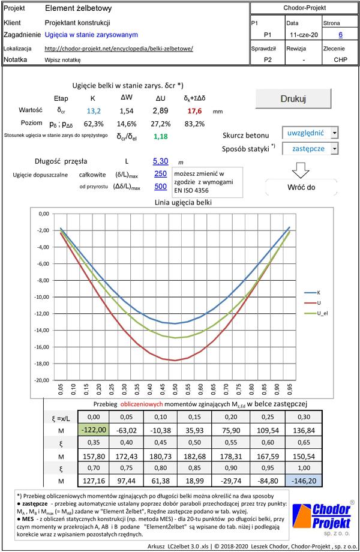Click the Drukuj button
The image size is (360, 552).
click(x=293, y=98)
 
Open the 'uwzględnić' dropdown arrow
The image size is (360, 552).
click(x=334, y=133)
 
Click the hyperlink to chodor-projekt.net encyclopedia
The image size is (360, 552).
click(x=119, y=48)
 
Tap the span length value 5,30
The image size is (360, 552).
click(x=160, y=161)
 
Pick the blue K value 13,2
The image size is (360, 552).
click(x=93, y=111)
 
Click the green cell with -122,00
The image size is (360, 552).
click(x=94, y=429)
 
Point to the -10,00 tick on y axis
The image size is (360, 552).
click(x=42, y=297)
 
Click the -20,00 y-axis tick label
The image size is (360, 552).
click(x=42, y=380)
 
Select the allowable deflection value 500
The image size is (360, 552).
click(x=160, y=187)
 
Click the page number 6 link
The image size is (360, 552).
click(x=340, y=35)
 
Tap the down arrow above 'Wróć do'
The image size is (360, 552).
click(x=299, y=170)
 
